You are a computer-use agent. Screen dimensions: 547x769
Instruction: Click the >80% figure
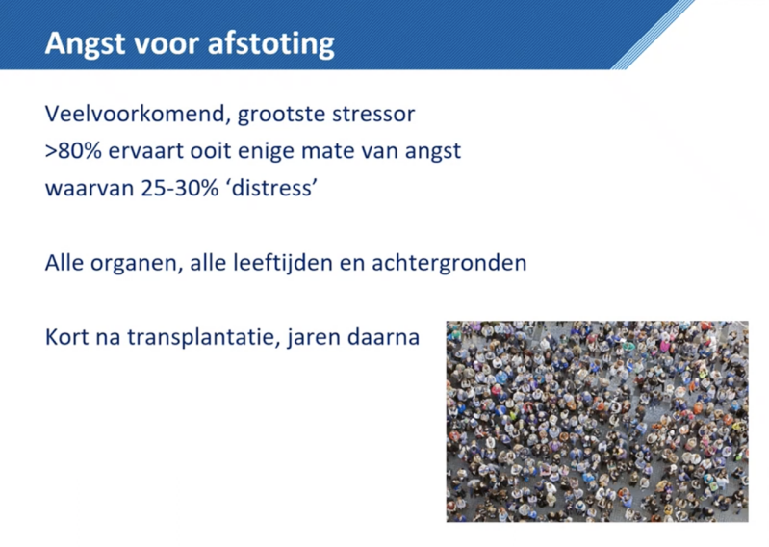(73, 151)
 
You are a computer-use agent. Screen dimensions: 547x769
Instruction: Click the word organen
(126, 262)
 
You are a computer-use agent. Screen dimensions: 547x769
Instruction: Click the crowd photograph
(597, 421)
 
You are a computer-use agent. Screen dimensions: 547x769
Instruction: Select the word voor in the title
(164, 44)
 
